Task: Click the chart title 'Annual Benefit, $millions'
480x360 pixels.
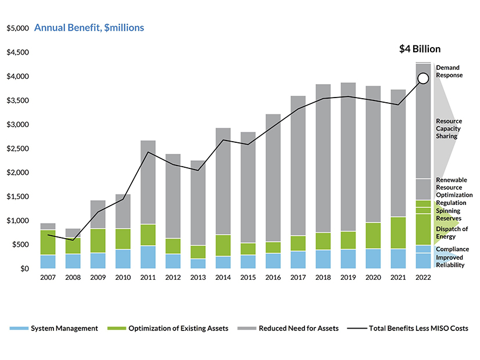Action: tap(89, 28)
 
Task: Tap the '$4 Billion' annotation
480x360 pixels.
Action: tap(420, 49)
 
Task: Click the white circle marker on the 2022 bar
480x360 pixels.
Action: tap(423, 78)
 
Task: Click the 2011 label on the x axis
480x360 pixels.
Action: tap(148, 277)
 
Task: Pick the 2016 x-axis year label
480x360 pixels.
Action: tap(273, 277)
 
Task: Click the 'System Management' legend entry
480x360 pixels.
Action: tap(64, 329)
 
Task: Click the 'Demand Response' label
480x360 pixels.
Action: tap(449, 71)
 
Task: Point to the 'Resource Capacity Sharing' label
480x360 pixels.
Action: tap(450, 129)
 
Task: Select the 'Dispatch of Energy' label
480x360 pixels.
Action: tap(452, 232)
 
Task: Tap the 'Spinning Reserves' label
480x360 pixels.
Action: tap(449, 214)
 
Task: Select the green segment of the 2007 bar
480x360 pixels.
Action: tap(48, 242)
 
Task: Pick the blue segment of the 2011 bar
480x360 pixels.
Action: tap(148, 257)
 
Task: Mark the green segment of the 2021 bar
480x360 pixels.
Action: tap(398, 232)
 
